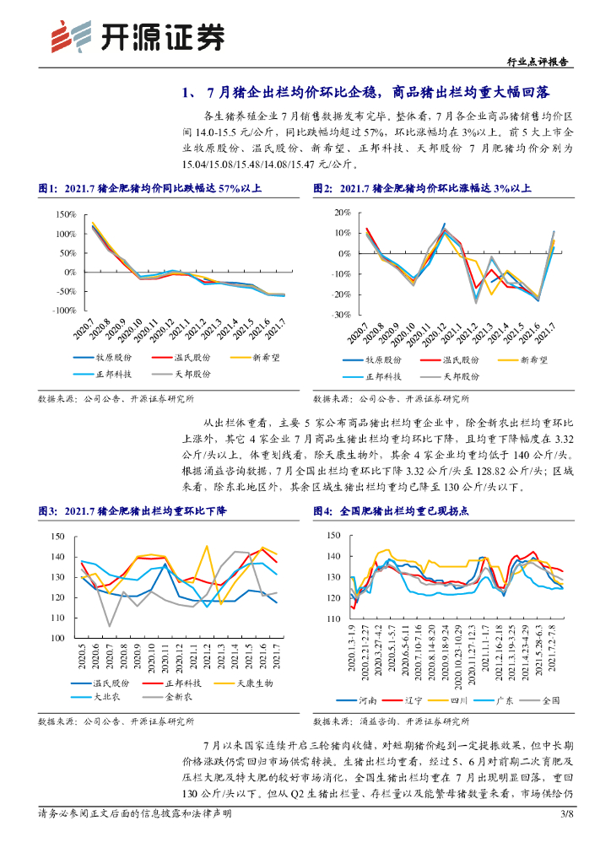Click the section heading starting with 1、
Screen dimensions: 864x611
365,92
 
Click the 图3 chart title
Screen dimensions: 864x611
132,511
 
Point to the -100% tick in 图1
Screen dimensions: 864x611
63,310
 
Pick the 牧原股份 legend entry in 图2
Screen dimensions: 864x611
384,359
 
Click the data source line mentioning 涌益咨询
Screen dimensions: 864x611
391,721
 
